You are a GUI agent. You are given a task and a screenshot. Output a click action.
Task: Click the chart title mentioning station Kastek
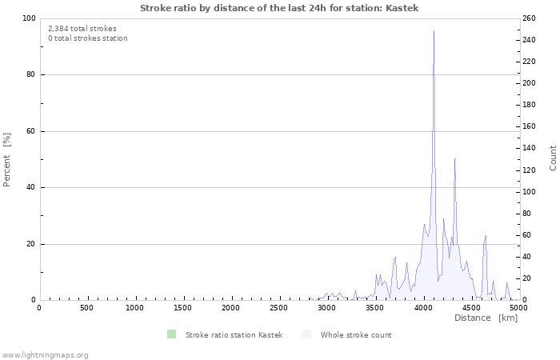(279, 8)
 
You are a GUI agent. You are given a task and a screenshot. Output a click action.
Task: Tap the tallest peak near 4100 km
(434, 33)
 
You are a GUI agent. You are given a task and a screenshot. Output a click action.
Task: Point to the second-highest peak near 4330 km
(454, 159)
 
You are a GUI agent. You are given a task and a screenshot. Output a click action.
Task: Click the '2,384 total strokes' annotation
(82, 28)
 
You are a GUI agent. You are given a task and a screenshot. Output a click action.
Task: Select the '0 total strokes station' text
(87, 38)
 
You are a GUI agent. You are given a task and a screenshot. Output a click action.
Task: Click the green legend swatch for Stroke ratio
(171, 334)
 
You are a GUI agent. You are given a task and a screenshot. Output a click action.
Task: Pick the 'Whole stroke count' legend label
(356, 334)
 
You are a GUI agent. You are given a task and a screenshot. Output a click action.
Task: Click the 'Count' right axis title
(553, 158)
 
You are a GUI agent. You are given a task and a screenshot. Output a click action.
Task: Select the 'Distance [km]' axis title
(486, 318)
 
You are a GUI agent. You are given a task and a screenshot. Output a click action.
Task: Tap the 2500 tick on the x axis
(279, 308)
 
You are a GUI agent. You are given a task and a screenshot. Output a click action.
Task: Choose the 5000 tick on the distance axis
(518, 308)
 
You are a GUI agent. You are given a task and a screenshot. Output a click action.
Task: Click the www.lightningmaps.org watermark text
(45, 354)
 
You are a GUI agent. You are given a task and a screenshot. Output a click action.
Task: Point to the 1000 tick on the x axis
(135, 308)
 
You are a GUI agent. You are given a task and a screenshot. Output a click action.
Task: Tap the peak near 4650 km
(486, 236)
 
